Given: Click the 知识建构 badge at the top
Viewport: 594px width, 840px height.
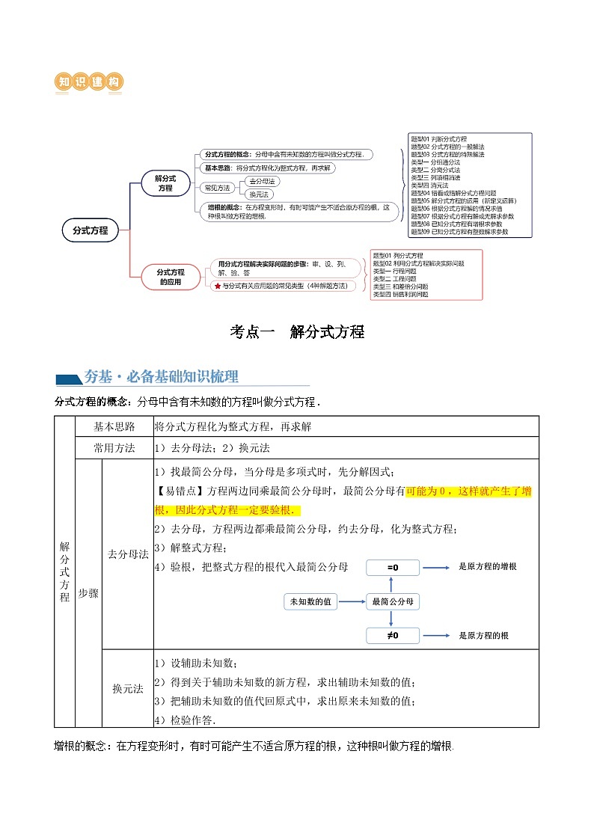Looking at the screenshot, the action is (x=90, y=82).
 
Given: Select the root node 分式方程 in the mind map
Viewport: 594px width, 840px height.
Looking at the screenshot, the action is (x=91, y=231).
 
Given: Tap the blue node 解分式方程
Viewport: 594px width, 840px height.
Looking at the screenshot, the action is (x=165, y=183).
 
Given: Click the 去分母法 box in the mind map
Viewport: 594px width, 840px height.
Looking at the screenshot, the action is (x=261, y=182).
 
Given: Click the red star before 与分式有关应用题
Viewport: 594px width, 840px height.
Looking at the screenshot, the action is (x=217, y=286).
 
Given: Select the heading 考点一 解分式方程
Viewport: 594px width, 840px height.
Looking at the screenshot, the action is (x=296, y=332).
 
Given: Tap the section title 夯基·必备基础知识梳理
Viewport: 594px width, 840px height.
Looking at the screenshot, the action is (x=161, y=376).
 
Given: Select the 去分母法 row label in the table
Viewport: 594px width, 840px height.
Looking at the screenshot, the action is (x=128, y=554).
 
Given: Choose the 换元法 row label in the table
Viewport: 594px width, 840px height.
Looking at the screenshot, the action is (x=128, y=689).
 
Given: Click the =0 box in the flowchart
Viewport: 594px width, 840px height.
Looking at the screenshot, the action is (x=392, y=568).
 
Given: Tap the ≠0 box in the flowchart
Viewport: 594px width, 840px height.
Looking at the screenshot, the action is (x=392, y=636).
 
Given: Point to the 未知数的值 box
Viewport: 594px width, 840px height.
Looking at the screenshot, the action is (x=314, y=601).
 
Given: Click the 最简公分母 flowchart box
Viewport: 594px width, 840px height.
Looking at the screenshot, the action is (x=392, y=601).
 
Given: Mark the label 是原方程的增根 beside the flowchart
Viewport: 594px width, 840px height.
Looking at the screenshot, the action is (x=487, y=567).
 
